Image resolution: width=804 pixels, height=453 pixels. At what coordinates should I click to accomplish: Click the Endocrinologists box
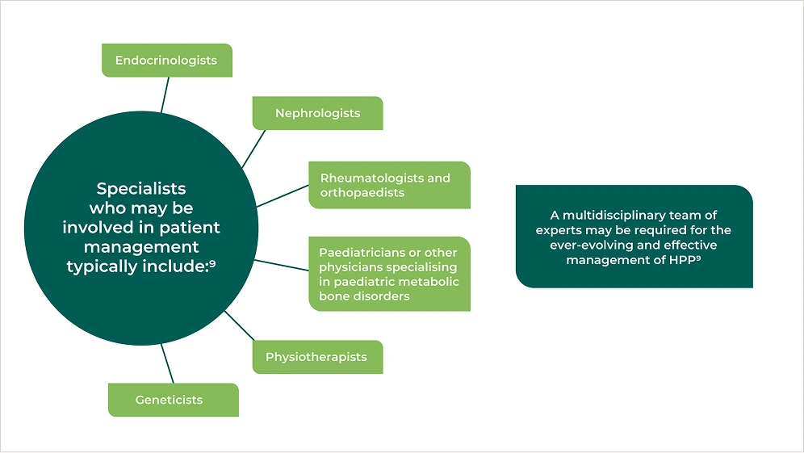point(166,61)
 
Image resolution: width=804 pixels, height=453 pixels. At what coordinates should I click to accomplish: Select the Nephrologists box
point(317,113)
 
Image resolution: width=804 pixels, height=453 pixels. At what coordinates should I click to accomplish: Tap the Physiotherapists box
point(316,357)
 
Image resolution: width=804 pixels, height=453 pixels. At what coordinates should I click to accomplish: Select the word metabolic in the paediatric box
point(432,282)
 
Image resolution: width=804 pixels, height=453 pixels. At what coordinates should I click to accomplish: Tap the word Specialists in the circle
point(141,189)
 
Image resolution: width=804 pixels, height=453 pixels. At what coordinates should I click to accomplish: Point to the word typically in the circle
point(101,266)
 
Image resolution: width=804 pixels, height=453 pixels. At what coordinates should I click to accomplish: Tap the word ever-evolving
point(575,245)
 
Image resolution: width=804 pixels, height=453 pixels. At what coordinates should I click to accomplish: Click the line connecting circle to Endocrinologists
point(165,94)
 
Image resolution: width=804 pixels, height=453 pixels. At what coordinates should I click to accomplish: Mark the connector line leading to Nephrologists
point(254,148)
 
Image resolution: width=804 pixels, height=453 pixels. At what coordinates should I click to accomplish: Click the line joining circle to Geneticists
point(168,363)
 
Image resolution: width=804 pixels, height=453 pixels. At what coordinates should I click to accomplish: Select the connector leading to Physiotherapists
point(240,326)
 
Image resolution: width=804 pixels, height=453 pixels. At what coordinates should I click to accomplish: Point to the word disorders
point(379,296)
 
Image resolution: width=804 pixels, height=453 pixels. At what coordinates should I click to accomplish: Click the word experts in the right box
point(557,230)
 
